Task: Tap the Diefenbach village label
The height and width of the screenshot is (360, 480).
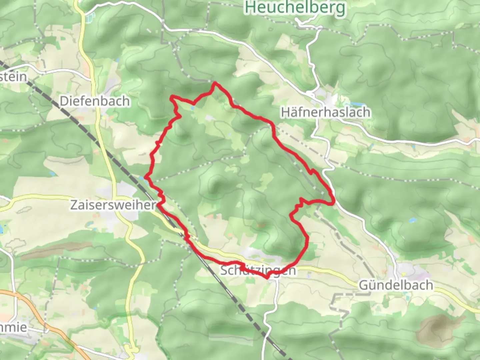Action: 95,101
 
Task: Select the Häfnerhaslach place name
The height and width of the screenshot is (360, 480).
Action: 325,112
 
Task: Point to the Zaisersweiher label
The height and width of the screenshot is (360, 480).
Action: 113,205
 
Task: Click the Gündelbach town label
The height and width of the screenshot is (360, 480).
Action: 396,285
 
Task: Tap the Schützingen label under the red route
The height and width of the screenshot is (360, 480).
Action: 258,270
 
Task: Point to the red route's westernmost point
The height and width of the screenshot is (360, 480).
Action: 145,177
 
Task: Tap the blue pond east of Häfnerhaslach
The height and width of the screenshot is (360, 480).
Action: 356,105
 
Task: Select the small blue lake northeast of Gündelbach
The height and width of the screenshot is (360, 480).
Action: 412,221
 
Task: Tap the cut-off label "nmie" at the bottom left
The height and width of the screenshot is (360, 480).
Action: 13,327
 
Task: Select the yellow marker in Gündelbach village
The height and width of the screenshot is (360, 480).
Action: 406,293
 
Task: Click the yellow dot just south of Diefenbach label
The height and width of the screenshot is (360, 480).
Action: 104,117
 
